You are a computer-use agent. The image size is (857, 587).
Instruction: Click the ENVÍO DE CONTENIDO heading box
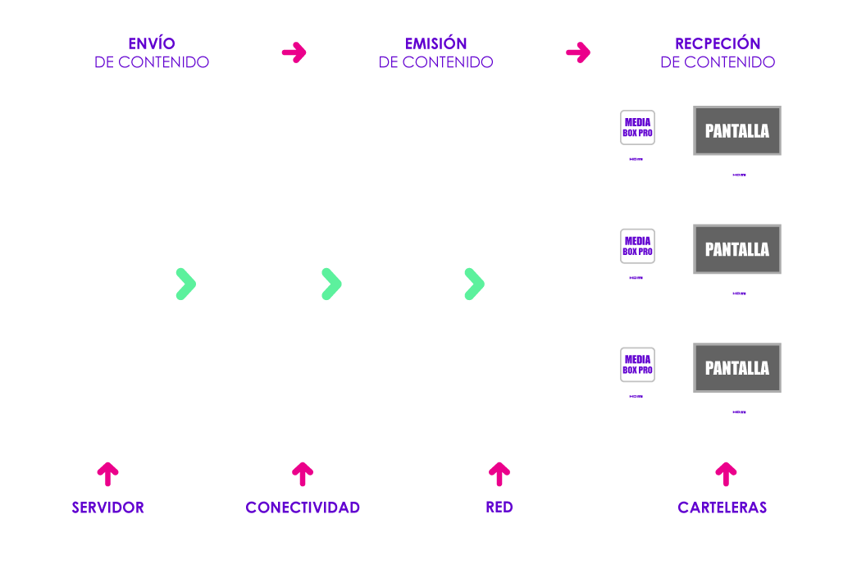click(152, 52)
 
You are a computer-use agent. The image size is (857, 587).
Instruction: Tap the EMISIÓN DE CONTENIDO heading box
click(435, 52)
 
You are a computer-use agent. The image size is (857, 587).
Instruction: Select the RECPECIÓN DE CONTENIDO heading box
click(718, 52)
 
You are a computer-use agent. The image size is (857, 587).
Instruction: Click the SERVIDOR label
click(108, 507)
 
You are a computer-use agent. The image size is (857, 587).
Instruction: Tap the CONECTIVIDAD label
click(303, 507)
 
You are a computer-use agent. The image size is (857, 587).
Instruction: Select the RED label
click(499, 507)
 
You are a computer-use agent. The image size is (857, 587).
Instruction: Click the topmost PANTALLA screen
click(737, 130)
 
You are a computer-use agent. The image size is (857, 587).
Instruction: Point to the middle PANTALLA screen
click(737, 249)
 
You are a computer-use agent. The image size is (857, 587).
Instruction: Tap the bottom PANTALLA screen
click(737, 367)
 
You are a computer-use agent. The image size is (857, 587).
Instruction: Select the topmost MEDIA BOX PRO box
click(637, 128)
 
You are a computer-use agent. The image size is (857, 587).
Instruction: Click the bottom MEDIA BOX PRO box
click(637, 365)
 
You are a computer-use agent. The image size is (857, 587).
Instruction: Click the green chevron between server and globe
click(186, 283)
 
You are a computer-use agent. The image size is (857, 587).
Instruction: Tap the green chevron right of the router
click(474, 283)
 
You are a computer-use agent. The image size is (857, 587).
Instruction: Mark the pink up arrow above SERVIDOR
click(108, 473)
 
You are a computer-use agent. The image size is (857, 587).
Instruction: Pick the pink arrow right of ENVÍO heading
click(294, 52)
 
